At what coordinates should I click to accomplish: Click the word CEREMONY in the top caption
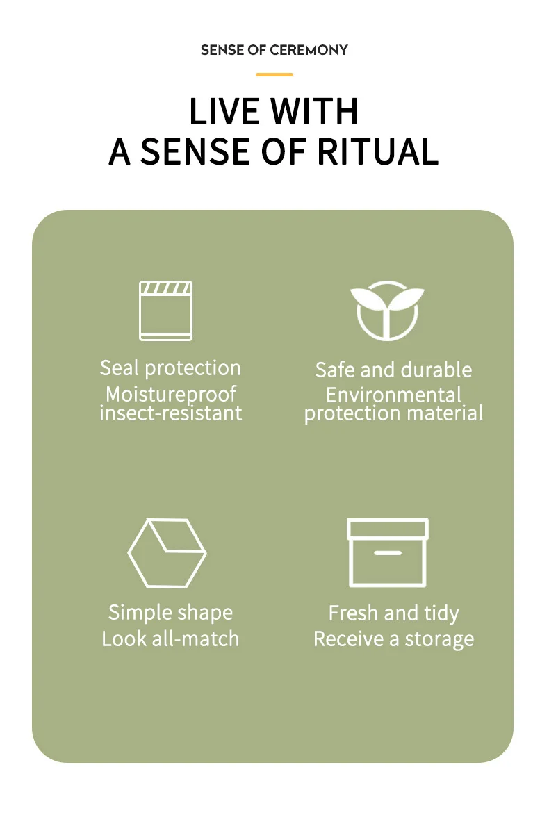click(x=309, y=50)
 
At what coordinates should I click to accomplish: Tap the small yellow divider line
click(x=274, y=74)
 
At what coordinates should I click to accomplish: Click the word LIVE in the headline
click(x=223, y=111)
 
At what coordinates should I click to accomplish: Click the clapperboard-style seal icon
click(x=165, y=311)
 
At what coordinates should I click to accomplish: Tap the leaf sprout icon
click(x=387, y=310)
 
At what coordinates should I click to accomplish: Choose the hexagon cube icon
click(x=167, y=553)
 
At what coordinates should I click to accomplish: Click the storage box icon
click(x=387, y=552)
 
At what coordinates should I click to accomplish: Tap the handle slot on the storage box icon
click(x=387, y=553)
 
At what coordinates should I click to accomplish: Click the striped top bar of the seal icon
click(x=165, y=288)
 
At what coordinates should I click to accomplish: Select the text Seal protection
click(x=170, y=368)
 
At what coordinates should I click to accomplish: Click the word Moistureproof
click(x=171, y=395)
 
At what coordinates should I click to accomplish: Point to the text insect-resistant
click(x=171, y=413)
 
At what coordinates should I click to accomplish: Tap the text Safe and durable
click(x=393, y=370)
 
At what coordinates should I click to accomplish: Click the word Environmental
click(x=393, y=395)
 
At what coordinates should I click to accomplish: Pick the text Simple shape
click(x=170, y=613)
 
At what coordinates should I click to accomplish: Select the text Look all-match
click(x=170, y=639)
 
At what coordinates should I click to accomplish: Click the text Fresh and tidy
click(x=393, y=613)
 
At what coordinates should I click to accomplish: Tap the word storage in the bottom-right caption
click(x=439, y=639)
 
